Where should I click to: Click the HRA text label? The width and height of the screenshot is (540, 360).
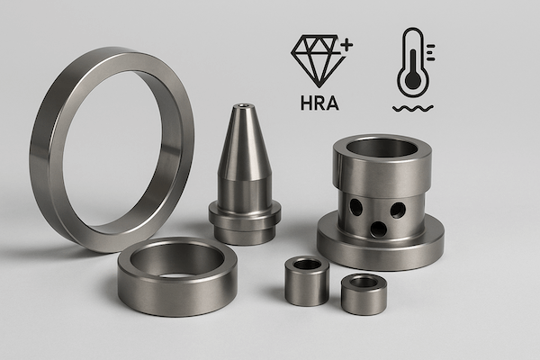pos(319,103)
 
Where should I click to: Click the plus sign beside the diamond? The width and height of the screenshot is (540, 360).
pos(346,45)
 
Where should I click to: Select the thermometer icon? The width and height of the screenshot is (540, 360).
pos(413,62)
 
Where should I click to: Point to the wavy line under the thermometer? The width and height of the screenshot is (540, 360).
pos(413,109)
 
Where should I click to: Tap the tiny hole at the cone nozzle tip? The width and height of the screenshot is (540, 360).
pos(245,106)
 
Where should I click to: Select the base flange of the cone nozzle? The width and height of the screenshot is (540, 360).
pos(245,222)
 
